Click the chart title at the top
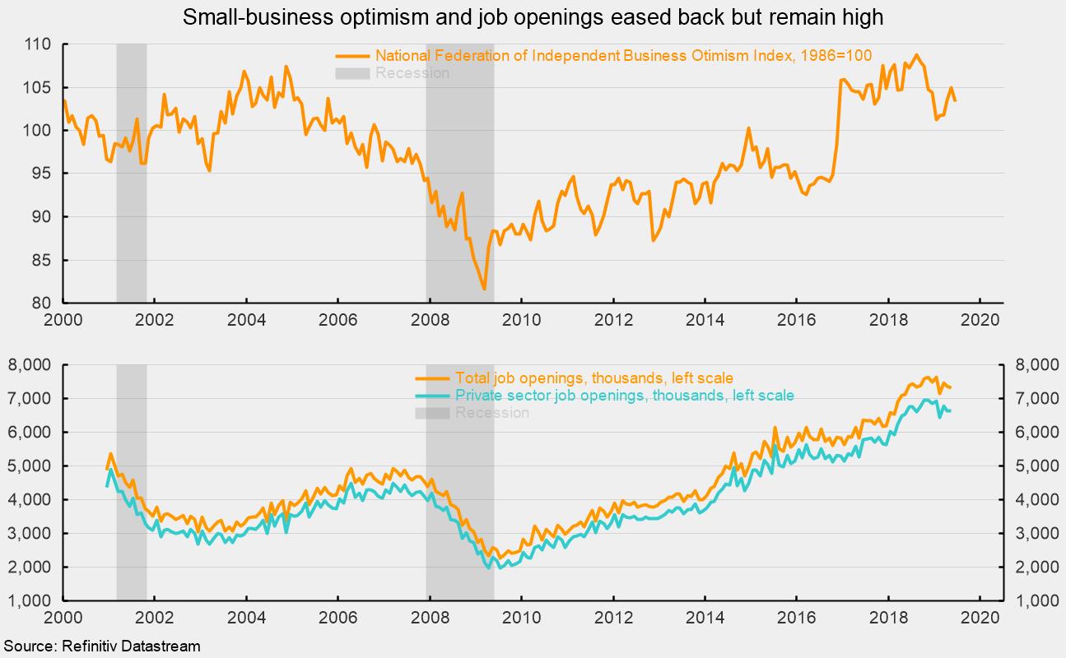pos(533,16)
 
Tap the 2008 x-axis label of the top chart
pos(429,319)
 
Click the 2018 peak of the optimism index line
pos(916,55)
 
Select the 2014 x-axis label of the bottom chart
pos(705,617)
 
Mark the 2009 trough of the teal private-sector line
pos(489,568)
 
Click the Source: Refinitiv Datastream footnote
pos(101,646)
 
